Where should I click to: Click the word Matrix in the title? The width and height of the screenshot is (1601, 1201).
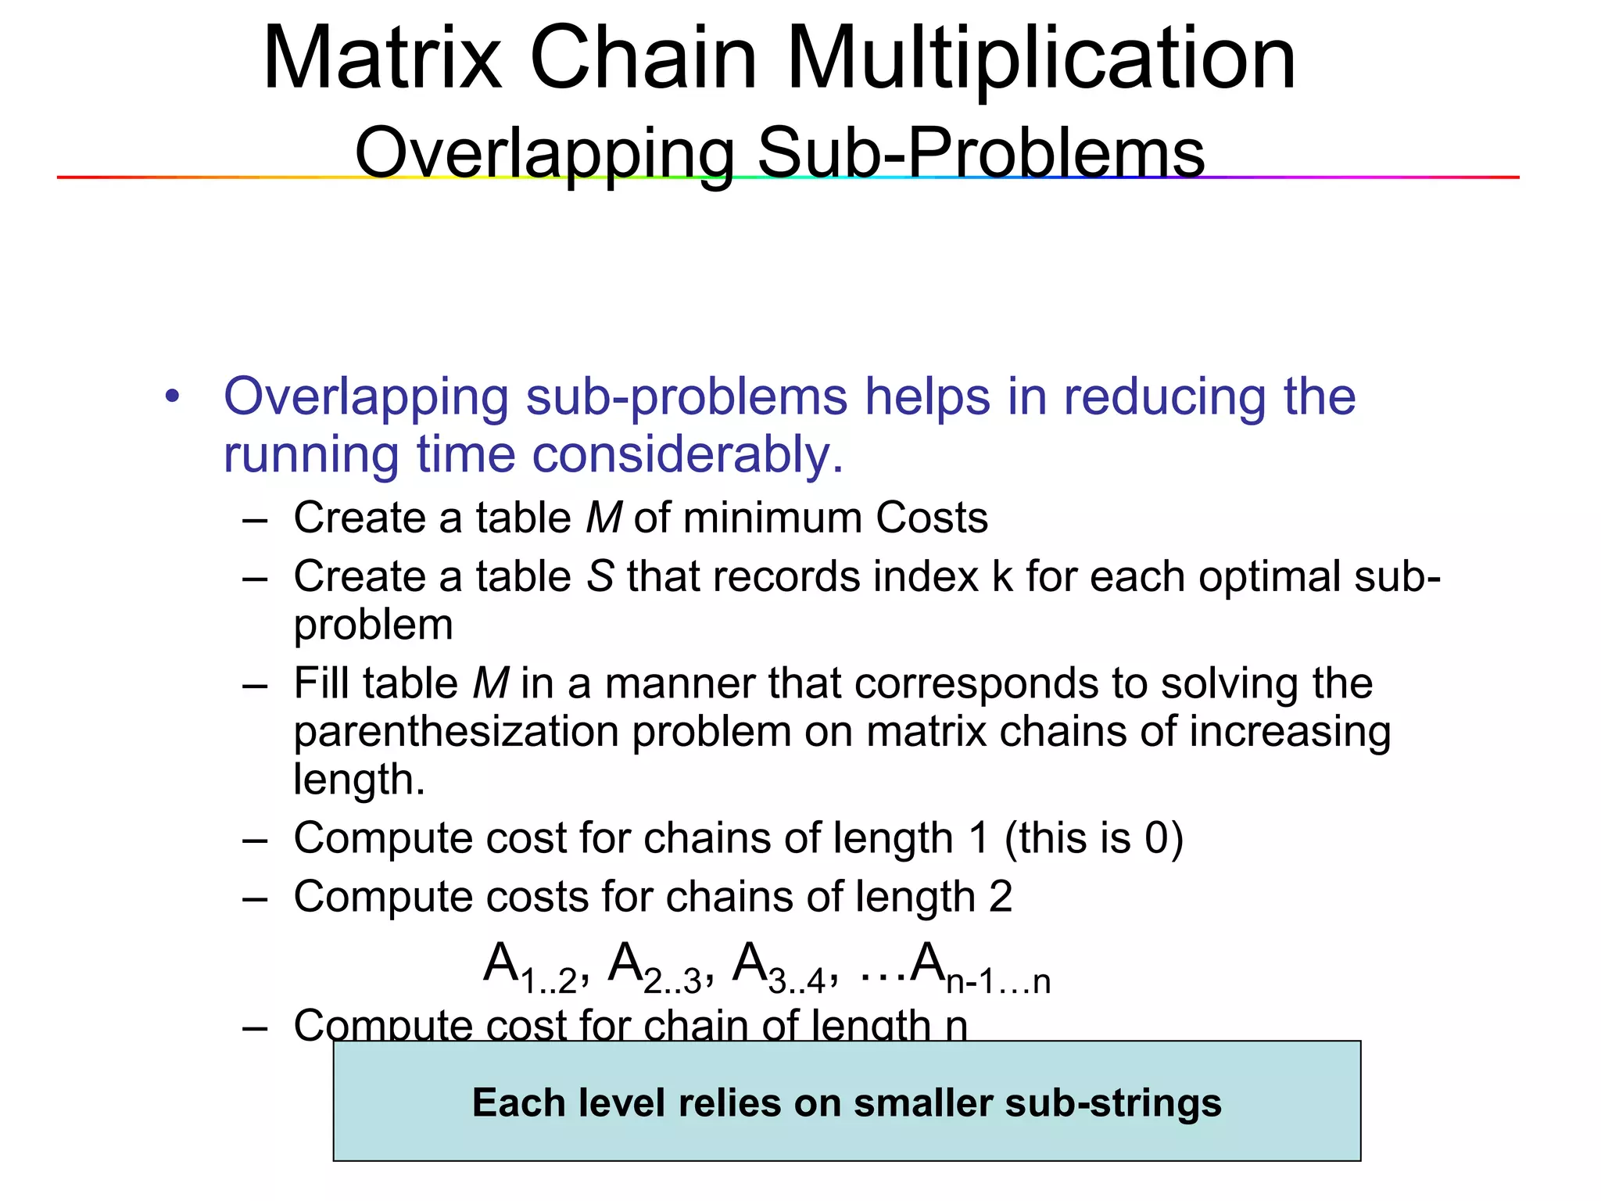382,59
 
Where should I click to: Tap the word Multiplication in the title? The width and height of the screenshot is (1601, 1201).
1041,59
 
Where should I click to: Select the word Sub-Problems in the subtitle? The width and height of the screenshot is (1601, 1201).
981,152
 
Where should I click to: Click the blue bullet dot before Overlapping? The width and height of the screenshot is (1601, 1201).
173,396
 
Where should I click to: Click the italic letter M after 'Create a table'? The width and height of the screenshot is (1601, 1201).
604,518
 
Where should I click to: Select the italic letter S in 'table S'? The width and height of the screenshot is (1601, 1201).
600,576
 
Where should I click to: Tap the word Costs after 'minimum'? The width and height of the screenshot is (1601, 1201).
932,518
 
